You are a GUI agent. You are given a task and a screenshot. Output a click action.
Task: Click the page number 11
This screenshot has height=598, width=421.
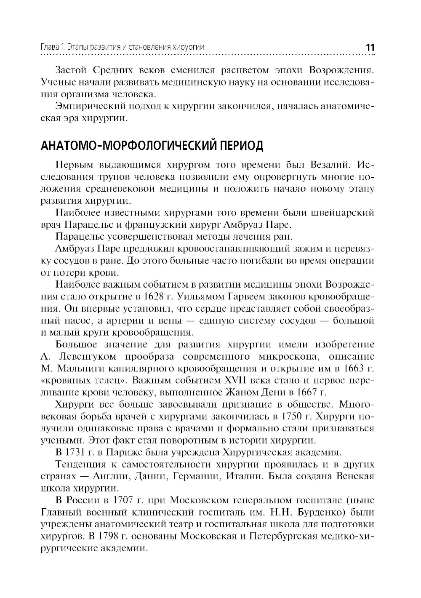(370, 47)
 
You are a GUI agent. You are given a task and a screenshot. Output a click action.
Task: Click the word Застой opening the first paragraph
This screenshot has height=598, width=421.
(72, 69)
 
